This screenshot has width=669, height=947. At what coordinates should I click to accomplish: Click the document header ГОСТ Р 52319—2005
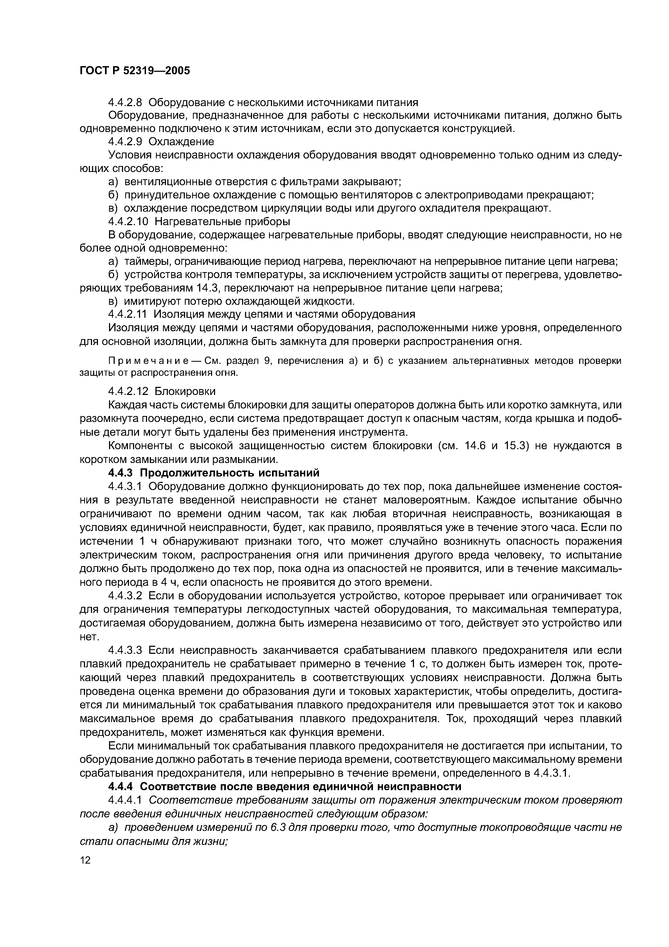134,71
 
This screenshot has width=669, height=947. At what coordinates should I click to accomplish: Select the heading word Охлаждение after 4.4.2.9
181,141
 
